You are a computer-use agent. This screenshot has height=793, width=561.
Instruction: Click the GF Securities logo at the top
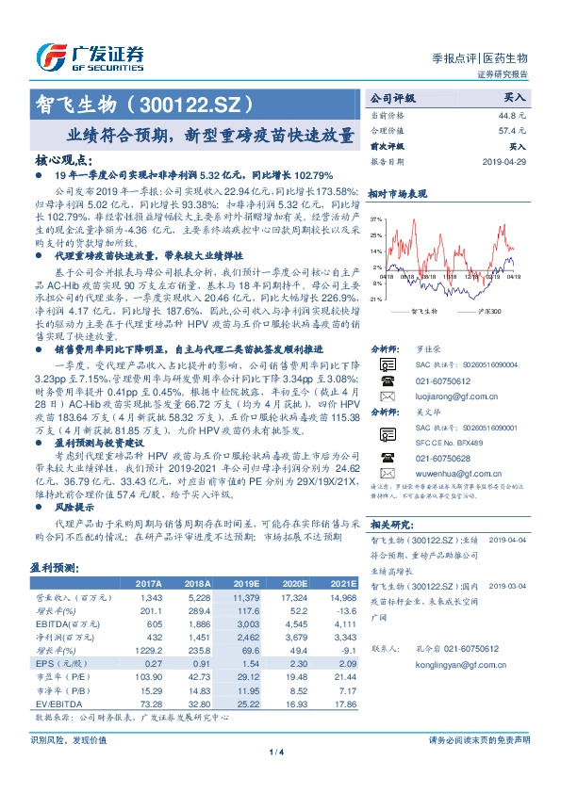pyautogui.click(x=91, y=56)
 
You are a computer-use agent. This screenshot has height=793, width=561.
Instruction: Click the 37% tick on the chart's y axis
pyautogui.click(x=376, y=218)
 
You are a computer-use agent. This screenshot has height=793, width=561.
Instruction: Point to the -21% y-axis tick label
pyautogui.click(x=376, y=299)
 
